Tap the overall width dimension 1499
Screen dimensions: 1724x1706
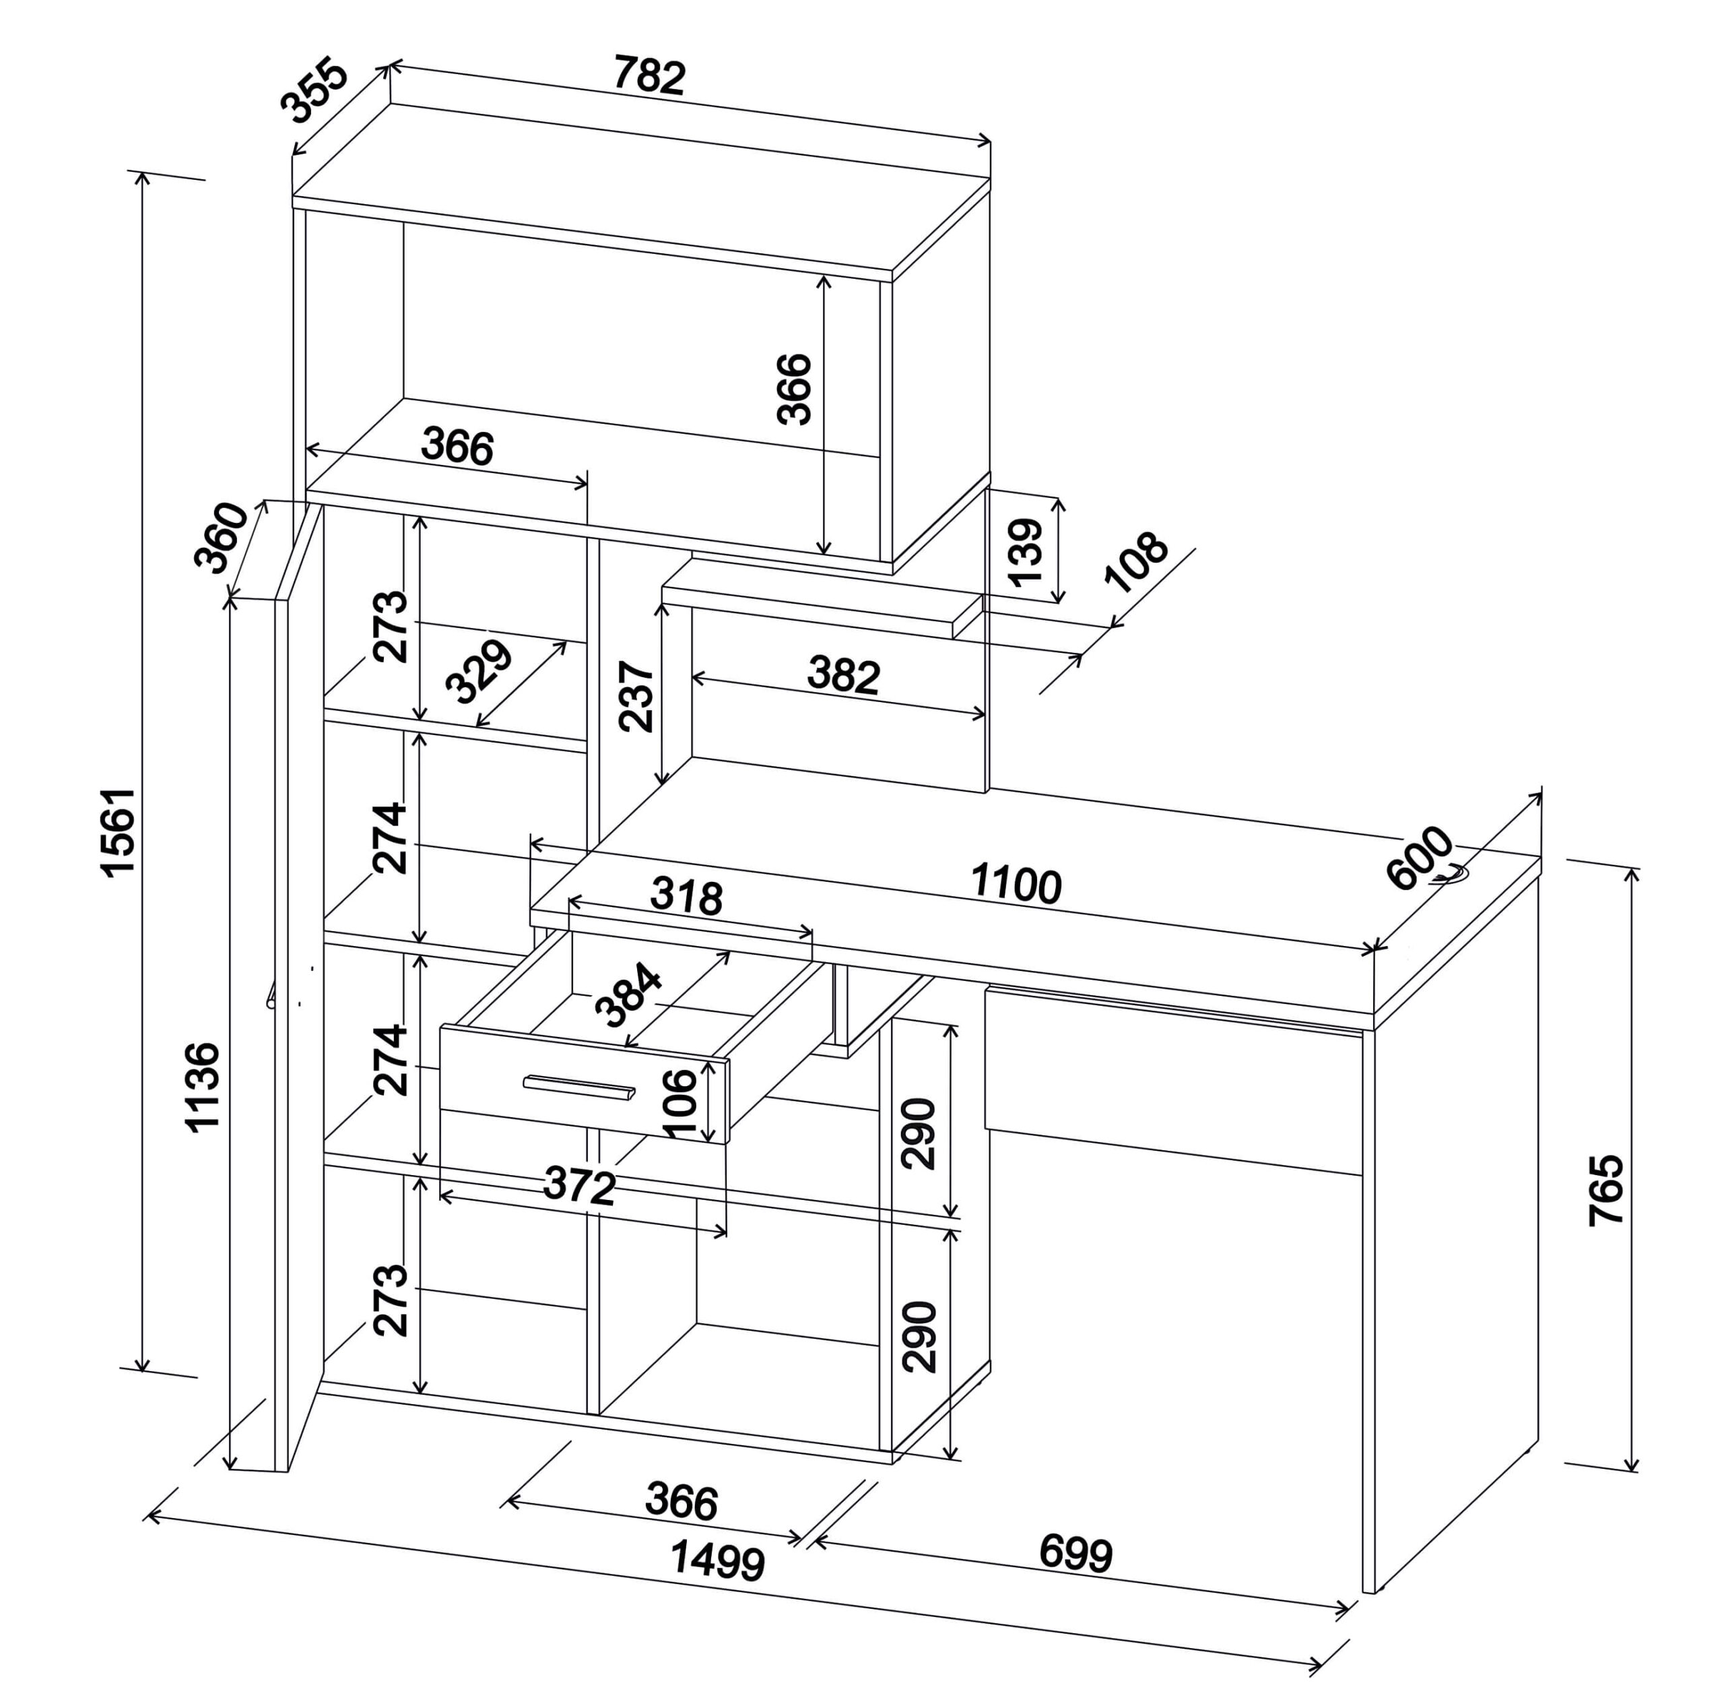coord(717,1560)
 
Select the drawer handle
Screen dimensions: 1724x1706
coord(579,1087)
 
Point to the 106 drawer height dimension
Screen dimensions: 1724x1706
coord(680,1104)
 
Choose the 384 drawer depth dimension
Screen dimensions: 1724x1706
coord(629,997)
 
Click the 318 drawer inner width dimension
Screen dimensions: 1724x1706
coord(686,896)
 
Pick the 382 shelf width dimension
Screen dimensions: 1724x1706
coord(843,675)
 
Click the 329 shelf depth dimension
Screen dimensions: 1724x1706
coord(479,671)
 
